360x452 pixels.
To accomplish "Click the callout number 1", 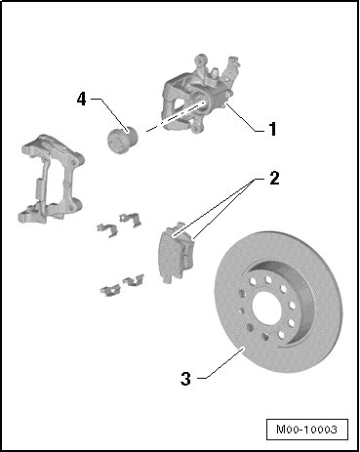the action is [272, 129].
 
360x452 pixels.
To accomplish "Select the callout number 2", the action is [274, 178].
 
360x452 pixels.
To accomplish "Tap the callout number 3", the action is [185, 379].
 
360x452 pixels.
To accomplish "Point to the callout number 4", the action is [82, 99].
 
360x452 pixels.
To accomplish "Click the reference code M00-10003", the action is [306, 430].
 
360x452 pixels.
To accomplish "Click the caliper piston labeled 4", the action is [123, 140].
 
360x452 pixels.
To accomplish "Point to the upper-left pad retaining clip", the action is [107, 229].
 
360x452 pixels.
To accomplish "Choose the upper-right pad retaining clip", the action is [131, 220].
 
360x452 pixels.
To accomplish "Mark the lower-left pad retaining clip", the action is [110, 290].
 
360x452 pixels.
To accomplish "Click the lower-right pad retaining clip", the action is [134, 280].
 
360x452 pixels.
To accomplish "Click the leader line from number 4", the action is [109, 114].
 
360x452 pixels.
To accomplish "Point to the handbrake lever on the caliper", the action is [231, 70].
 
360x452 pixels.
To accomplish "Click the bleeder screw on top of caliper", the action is [215, 72].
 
